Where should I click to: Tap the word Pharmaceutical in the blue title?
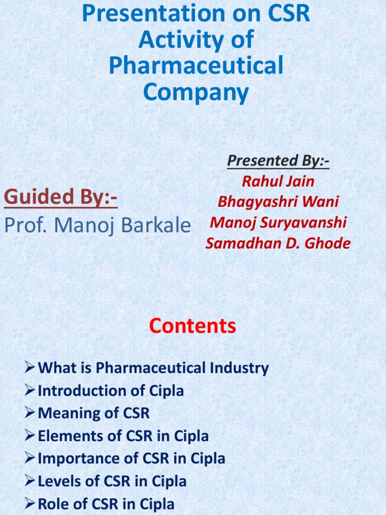[x=196, y=66]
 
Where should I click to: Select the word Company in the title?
[x=196, y=92]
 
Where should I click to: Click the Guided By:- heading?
[x=61, y=197]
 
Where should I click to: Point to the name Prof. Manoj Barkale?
[x=97, y=225]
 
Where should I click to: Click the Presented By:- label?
[x=278, y=161]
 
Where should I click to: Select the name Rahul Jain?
[x=278, y=181]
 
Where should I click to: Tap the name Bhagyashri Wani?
[x=278, y=202]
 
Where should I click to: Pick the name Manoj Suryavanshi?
[x=278, y=222]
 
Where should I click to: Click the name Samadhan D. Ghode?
[x=278, y=243]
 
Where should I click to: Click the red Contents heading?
[x=192, y=326]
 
